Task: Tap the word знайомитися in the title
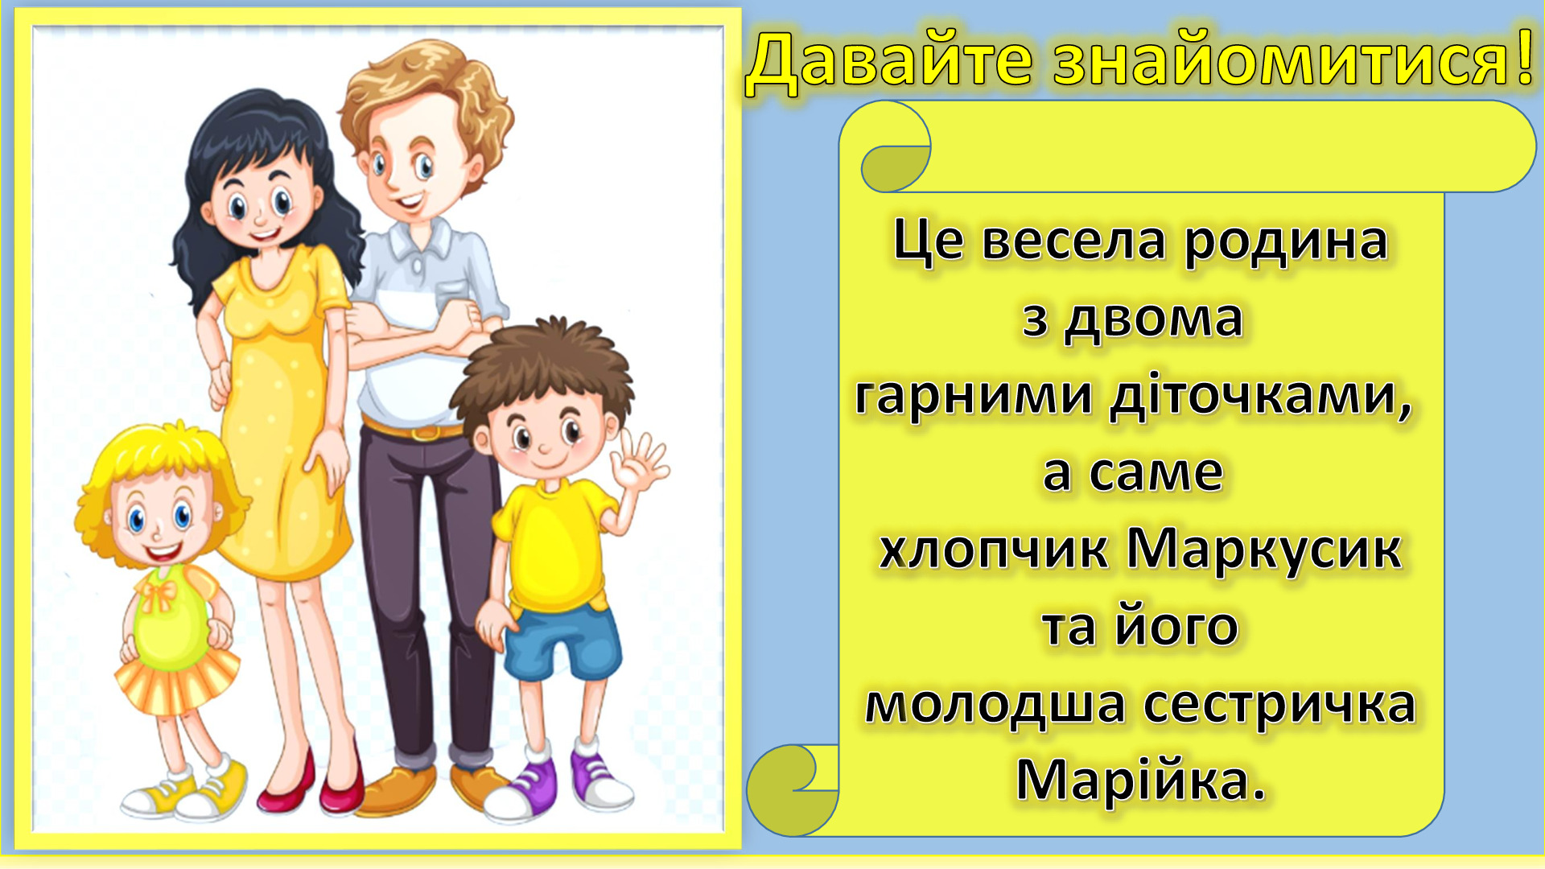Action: click(1282, 60)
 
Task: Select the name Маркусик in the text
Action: click(1263, 552)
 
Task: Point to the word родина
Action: click(1286, 242)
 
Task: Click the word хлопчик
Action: click(994, 552)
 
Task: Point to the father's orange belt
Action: click(413, 430)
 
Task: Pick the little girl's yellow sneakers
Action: click(185, 790)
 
